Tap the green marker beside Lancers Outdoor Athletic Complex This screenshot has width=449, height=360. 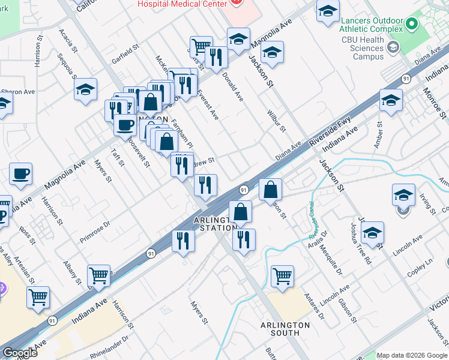(x=411, y=24)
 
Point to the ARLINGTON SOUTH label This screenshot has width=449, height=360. (x=285, y=329)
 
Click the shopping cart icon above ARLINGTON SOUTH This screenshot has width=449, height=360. (x=282, y=276)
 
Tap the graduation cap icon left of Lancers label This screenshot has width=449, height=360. (x=328, y=11)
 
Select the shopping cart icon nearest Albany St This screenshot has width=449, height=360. (x=98, y=276)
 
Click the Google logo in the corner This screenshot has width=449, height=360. (x=20, y=353)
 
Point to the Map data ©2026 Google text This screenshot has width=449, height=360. (x=411, y=355)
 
